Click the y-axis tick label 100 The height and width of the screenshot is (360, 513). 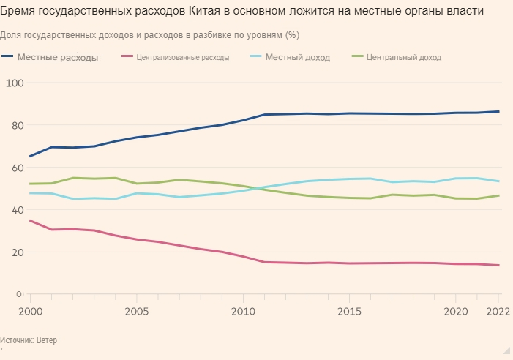click(x=15, y=83)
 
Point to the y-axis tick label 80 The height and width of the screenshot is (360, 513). click(x=15, y=125)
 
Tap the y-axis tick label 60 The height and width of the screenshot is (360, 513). click(x=15, y=168)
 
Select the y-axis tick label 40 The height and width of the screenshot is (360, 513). click(x=15, y=210)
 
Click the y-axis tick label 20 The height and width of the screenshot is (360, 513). click(x=15, y=252)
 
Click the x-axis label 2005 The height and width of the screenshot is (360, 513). click(x=137, y=310)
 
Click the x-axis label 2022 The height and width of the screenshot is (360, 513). click(x=498, y=310)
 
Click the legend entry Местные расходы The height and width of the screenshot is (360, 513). click(x=58, y=57)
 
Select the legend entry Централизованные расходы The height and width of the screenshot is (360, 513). click(x=182, y=57)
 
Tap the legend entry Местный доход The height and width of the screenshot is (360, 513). click(x=298, y=57)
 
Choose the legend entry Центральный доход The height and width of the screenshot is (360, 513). click(x=404, y=57)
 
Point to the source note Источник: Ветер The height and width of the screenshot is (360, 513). click(x=29, y=340)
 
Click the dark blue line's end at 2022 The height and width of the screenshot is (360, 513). click(x=499, y=111)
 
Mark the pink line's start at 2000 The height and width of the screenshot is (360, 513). click(x=30, y=220)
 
